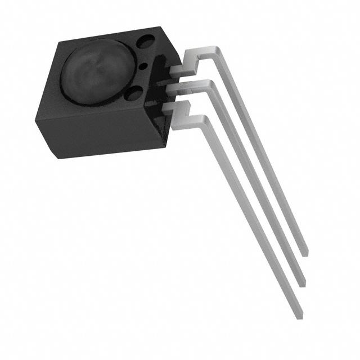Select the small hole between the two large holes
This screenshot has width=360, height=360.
coord(143,67)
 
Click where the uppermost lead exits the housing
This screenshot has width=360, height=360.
coord(175,70)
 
